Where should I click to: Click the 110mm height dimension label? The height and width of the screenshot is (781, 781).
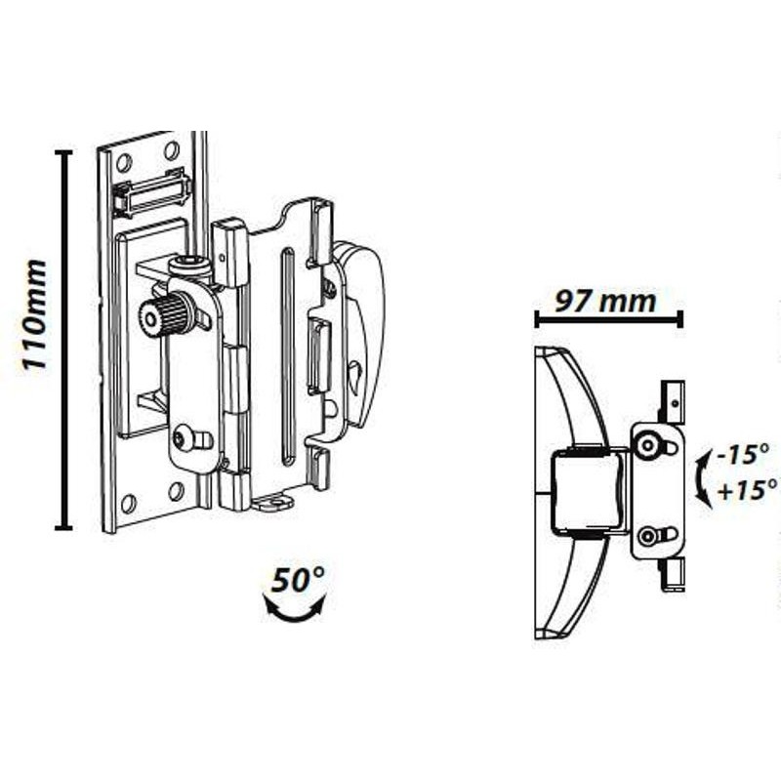pos(34,314)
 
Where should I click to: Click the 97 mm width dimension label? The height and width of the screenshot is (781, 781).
pos(605,302)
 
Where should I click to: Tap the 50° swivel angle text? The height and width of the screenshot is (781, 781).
pos(298,580)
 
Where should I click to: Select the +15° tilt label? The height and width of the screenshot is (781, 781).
pos(747,490)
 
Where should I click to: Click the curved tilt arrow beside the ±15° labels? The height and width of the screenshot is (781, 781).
pos(703,477)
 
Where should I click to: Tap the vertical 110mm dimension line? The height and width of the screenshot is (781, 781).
pos(63,339)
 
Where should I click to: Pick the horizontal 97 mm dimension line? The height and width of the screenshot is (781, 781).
pos(608,319)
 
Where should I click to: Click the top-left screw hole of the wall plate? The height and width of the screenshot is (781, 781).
pos(124,162)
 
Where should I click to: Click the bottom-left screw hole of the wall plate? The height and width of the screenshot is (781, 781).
pos(129,504)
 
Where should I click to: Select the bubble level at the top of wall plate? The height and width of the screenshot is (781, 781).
pos(153,193)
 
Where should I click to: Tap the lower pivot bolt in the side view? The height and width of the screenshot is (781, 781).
pos(648,536)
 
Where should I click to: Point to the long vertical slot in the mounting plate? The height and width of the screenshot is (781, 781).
pos(288,356)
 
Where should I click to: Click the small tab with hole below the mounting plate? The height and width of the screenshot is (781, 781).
pos(272,501)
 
